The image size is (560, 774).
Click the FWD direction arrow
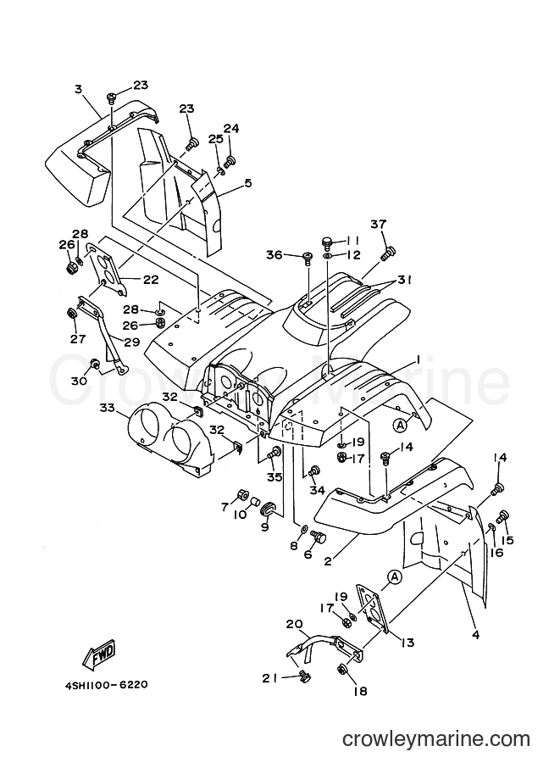click(x=99, y=655)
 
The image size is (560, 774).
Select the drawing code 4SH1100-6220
click(x=106, y=685)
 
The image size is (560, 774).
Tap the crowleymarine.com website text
click(x=436, y=739)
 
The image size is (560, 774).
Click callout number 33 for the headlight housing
click(x=107, y=408)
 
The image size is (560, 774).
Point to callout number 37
click(x=379, y=224)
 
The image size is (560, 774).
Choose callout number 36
click(x=274, y=254)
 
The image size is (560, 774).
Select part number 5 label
click(x=247, y=183)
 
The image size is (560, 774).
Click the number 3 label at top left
click(x=79, y=89)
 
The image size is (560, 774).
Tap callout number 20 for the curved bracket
click(x=294, y=624)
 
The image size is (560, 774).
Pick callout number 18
click(x=361, y=691)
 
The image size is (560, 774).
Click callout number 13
click(x=408, y=643)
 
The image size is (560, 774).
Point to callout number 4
click(x=475, y=635)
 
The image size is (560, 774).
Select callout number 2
click(x=328, y=561)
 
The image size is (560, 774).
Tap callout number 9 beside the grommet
click(x=265, y=527)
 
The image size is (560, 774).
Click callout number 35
click(x=274, y=476)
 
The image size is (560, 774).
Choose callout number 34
click(x=318, y=490)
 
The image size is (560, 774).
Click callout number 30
click(x=79, y=381)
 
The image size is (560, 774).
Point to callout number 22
click(x=151, y=280)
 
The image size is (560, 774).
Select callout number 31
click(x=405, y=280)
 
